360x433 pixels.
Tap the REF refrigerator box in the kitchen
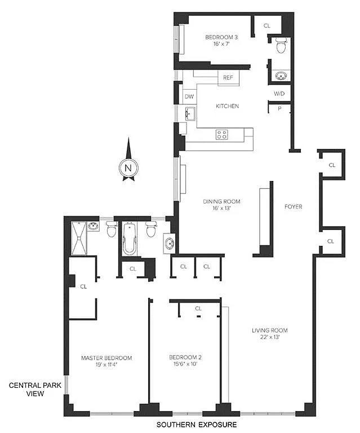(228, 78)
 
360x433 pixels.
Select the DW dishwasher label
(189, 96)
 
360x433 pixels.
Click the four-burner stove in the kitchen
(222, 135)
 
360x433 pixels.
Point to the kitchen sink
(190, 114)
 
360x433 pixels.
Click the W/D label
(279, 94)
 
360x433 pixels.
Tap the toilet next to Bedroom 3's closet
(281, 46)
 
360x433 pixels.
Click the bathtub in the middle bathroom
(129, 239)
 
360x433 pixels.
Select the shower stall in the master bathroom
(79, 238)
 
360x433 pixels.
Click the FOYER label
(294, 206)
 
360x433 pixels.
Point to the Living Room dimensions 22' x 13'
(270, 337)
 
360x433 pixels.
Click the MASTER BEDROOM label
(106, 358)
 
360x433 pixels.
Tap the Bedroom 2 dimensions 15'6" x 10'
(185, 364)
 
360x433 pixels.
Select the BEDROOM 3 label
(221, 37)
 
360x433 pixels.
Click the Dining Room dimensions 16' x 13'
(221, 208)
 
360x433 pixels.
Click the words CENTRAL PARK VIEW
(35, 390)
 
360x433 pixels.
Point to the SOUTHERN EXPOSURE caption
(197, 425)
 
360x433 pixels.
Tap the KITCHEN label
(227, 106)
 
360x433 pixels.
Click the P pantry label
(279, 109)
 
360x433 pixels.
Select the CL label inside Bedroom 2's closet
(198, 308)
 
